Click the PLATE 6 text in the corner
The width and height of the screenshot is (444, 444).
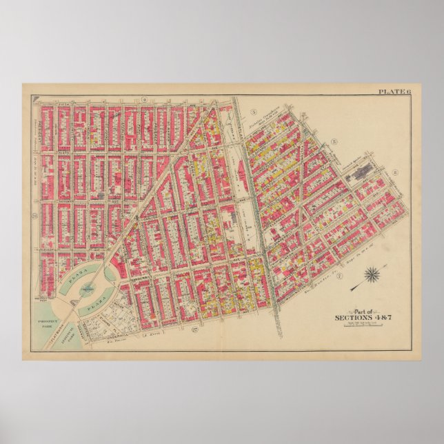394,92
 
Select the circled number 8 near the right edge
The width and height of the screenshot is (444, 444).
396,172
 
